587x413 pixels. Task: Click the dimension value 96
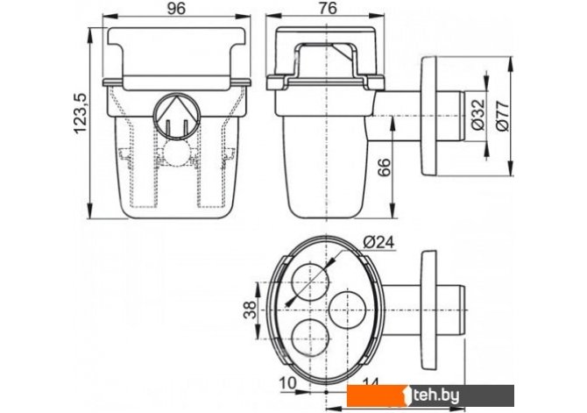pyautogui.click(x=176, y=8)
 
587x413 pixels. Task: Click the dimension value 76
pyautogui.click(x=328, y=8)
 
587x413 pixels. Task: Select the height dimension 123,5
pyautogui.click(x=80, y=114)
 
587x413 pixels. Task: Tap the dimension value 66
pyautogui.click(x=384, y=167)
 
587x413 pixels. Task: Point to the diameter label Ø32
pyautogui.click(x=478, y=115)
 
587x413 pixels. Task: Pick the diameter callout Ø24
pyautogui.click(x=378, y=242)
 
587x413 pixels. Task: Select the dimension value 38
pyautogui.click(x=250, y=310)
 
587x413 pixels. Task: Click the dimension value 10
pyautogui.click(x=288, y=383)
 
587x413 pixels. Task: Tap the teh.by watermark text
pyautogui.click(x=436, y=395)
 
